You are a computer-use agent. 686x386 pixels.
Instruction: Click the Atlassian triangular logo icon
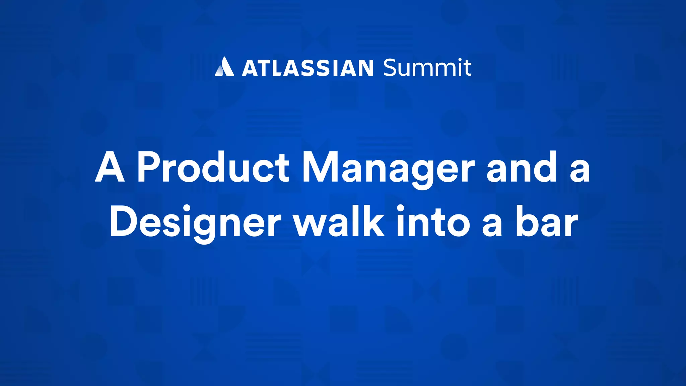tap(224, 67)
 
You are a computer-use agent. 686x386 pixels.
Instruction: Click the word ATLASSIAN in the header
tap(307, 68)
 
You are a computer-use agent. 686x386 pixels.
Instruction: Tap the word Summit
tap(427, 67)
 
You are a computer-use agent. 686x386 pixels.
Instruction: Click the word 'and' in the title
tap(522, 167)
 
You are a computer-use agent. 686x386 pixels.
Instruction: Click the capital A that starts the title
tap(110, 167)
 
